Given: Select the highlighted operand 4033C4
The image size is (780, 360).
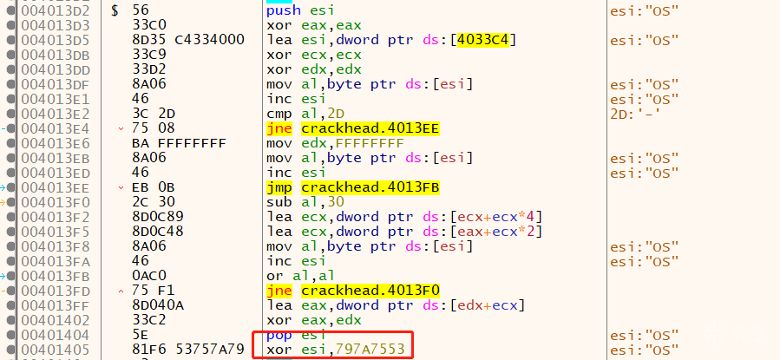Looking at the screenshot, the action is tap(482, 39).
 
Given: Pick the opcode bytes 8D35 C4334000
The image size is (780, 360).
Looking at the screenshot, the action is tap(188, 39).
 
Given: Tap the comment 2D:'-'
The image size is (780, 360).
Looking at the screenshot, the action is tap(636, 114).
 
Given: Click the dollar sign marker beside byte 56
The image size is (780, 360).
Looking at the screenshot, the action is tap(115, 10).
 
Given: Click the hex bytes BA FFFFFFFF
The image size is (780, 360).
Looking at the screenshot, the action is tap(179, 143).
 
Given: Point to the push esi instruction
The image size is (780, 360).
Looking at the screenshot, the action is tap(300, 10).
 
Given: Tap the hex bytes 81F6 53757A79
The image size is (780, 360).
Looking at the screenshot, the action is tap(188, 350).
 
